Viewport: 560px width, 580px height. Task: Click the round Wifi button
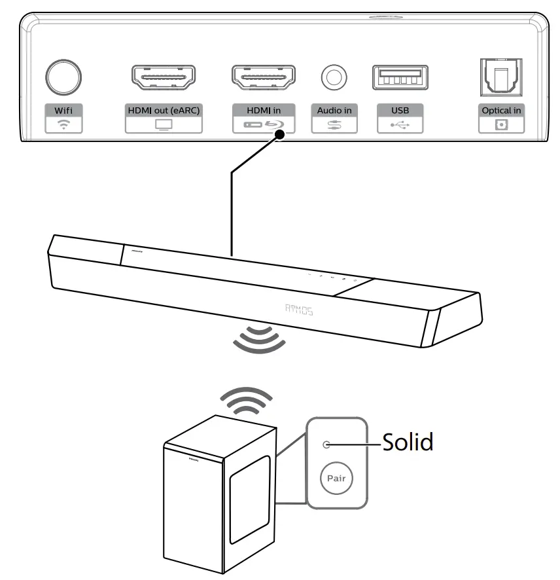63,76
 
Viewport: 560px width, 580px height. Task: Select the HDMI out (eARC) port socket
162,77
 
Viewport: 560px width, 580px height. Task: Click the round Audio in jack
334,77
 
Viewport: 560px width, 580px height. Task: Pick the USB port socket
400,77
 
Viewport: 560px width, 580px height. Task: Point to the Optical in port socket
501,77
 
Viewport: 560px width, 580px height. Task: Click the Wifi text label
63,110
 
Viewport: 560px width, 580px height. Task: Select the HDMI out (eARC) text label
162,110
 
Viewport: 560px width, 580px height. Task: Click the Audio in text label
334,110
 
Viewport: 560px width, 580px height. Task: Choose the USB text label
400,110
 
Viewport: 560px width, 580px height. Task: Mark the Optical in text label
501,110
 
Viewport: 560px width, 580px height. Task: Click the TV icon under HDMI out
162,124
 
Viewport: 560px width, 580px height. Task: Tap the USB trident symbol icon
400,124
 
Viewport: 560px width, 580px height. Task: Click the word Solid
408,443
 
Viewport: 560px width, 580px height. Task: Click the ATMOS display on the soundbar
299,311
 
